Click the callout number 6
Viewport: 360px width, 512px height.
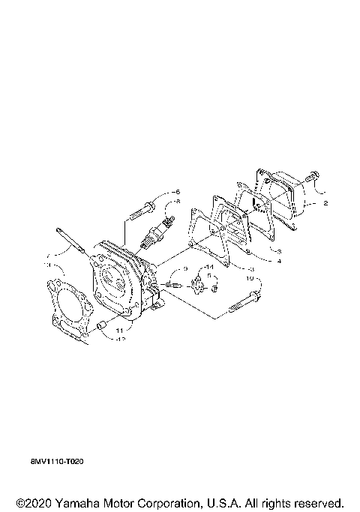click(x=178, y=193)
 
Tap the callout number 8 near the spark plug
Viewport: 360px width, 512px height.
click(x=178, y=212)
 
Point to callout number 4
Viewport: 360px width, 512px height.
click(x=278, y=262)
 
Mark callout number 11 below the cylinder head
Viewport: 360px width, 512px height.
click(x=120, y=329)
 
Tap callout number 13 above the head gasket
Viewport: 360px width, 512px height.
click(x=48, y=265)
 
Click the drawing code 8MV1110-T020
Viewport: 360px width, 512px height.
click(x=52, y=462)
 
